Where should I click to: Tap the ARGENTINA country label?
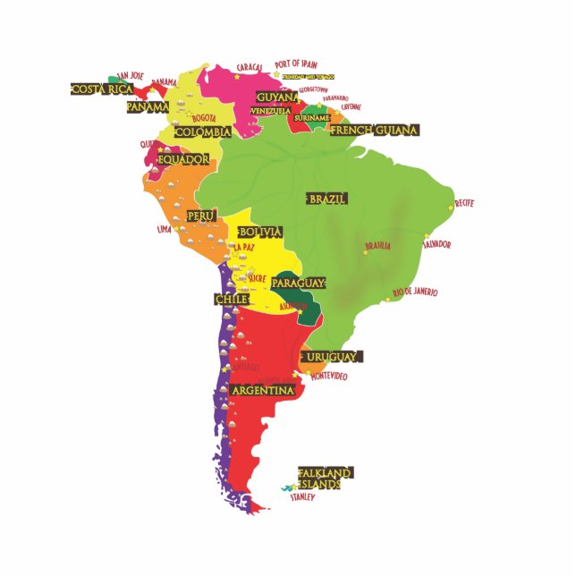tap(262, 391)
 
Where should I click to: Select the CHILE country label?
tap(231, 300)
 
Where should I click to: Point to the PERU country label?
tap(201, 216)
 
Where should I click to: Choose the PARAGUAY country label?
tap(298, 283)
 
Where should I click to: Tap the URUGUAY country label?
tap(331, 357)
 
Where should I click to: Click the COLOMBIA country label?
tap(202, 132)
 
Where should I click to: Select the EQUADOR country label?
tap(183, 160)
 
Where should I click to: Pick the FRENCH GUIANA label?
tap(374, 131)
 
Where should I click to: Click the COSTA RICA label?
tap(102, 89)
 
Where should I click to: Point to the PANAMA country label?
tap(148, 106)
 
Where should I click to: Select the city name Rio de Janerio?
tap(415, 292)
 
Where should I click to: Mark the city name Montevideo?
tap(328, 377)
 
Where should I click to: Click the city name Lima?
tap(164, 229)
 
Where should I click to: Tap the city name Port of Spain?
tap(296, 64)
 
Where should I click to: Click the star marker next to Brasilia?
tap(365, 253)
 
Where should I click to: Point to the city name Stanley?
tap(302, 497)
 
